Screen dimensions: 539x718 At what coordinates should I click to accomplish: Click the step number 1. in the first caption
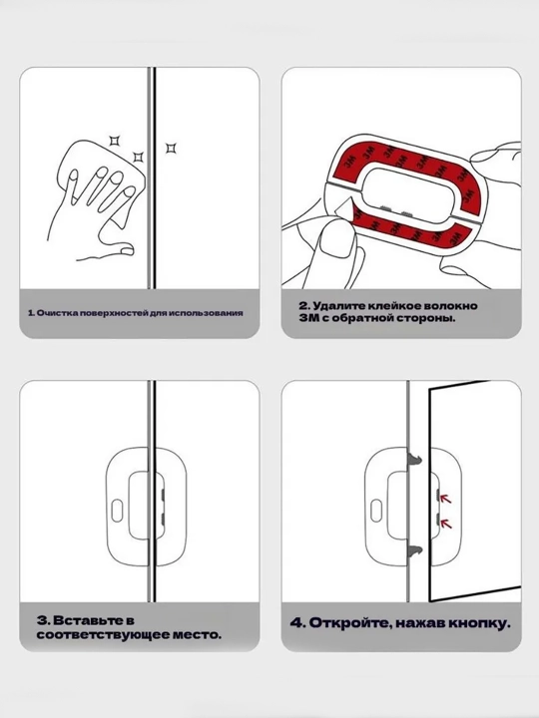tap(31, 313)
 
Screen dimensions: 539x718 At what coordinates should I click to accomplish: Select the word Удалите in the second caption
tap(337, 305)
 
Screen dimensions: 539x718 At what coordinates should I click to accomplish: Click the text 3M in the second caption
tap(306, 318)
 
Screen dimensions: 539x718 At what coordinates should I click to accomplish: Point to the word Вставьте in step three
tap(94, 620)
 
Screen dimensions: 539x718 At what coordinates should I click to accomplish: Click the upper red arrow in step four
tap(445, 498)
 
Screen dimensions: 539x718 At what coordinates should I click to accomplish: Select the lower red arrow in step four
tap(445, 523)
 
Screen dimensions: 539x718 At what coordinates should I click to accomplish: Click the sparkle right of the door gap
tap(171, 148)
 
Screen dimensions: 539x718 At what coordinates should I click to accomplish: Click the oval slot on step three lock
tap(118, 511)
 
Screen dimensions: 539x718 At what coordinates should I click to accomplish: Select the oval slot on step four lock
tap(376, 511)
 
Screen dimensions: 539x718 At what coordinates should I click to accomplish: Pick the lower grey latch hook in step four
tap(414, 551)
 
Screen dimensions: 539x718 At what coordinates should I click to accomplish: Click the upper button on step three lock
tap(163, 494)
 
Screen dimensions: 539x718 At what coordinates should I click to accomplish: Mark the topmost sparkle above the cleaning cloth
tap(114, 141)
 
